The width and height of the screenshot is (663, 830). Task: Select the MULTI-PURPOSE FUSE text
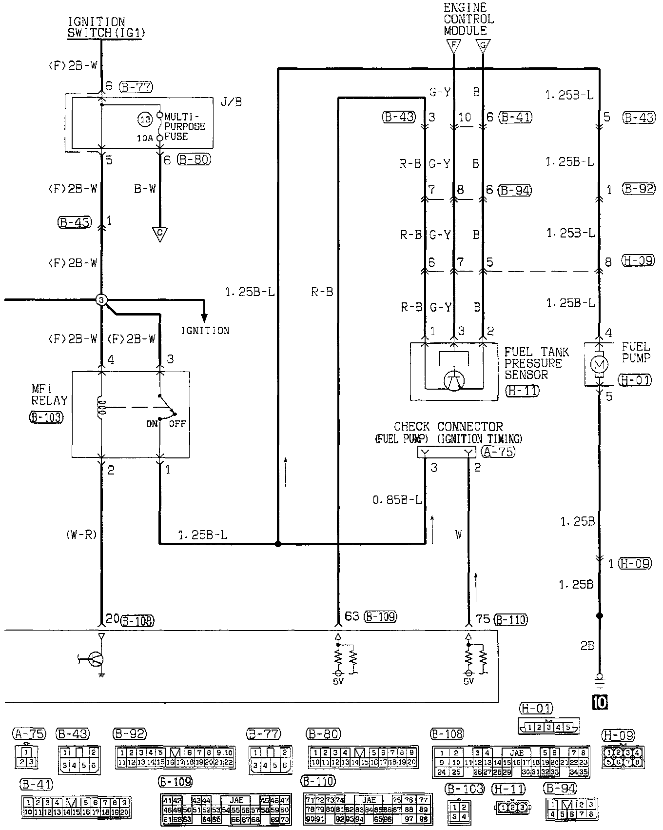(185, 127)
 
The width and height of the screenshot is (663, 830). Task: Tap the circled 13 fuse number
(145, 120)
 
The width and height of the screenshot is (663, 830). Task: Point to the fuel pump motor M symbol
(600, 364)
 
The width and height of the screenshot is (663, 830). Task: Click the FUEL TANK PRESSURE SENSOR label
(536, 363)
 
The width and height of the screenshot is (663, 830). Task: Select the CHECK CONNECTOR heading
(448, 427)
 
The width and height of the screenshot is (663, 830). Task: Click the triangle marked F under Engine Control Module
(454, 46)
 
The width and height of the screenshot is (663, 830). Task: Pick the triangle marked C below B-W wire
(159, 235)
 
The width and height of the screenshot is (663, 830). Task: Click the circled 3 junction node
(101, 300)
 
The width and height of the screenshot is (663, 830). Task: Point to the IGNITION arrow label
(205, 331)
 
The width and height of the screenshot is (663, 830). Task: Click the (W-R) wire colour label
(81, 535)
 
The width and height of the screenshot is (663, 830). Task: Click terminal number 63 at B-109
(351, 616)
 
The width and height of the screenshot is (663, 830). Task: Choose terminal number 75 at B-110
(483, 619)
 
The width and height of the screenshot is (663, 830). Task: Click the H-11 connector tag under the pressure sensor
(523, 390)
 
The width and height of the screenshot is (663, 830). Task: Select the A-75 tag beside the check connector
(498, 452)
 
